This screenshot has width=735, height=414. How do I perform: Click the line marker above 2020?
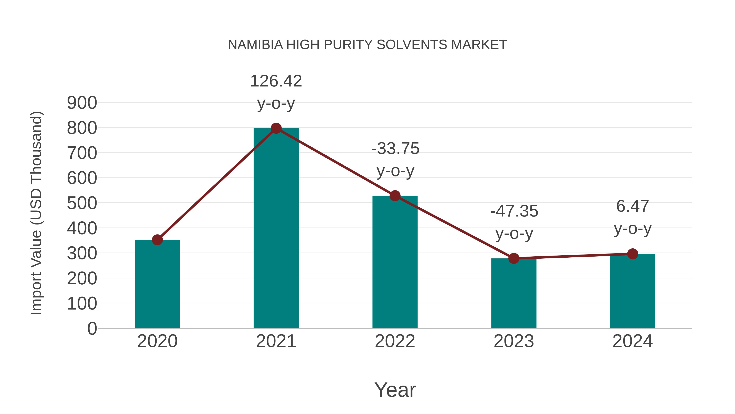pyautogui.click(x=157, y=240)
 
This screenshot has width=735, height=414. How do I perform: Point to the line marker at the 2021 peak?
pyautogui.click(x=276, y=128)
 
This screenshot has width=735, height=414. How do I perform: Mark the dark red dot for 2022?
pyautogui.click(x=395, y=196)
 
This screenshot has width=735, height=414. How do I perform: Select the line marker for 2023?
pyautogui.click(x=514, y=258)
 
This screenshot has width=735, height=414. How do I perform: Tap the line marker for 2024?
pyautogui.click(x=633, y=254)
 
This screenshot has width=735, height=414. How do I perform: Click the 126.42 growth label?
pyautogui.click(x=276, y=81)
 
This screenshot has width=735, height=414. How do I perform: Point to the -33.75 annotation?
pyautogui.click(x=395, y=149)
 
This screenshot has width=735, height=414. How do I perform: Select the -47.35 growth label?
pyautogui.click(x=514, y=211)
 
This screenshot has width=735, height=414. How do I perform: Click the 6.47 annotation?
pyautogui.click(x=633, y=206)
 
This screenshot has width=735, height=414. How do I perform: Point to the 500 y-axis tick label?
pyautogui.click(x=82, y=203)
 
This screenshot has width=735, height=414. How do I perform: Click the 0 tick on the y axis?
pyautogui.click(x=92, y=328)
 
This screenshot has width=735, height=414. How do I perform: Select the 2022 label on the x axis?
pyautogui.click(x=395, y=341)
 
